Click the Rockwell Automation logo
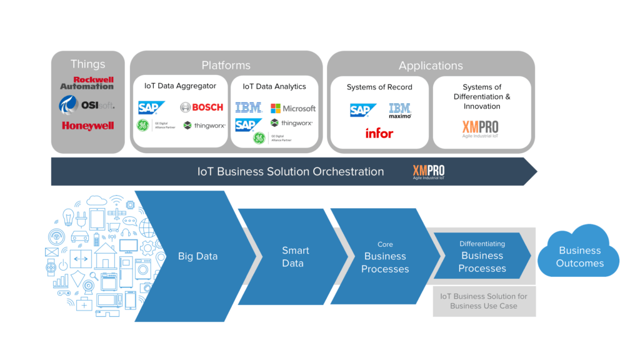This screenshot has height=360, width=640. coord(87,83)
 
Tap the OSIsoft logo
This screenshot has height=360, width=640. coord(87,104)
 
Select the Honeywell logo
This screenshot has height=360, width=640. coord(87,126)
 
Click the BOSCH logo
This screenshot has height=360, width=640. coord(201,107)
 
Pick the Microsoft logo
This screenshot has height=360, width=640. coord(293,108)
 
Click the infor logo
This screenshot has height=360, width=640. coord(379,133)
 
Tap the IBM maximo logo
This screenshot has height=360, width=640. coord(400,111)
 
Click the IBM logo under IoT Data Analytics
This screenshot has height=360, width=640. coord(249,108)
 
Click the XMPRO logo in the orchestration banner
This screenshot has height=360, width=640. coord(429,171)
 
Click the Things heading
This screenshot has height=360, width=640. coord(88,64)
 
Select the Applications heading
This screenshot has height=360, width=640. coord(431,66)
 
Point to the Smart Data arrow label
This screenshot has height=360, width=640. coord(294,257)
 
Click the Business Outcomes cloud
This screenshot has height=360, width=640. coord(581,256)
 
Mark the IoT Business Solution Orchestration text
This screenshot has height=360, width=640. coord(291,171)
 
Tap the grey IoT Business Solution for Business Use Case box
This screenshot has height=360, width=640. coord(484,301)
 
